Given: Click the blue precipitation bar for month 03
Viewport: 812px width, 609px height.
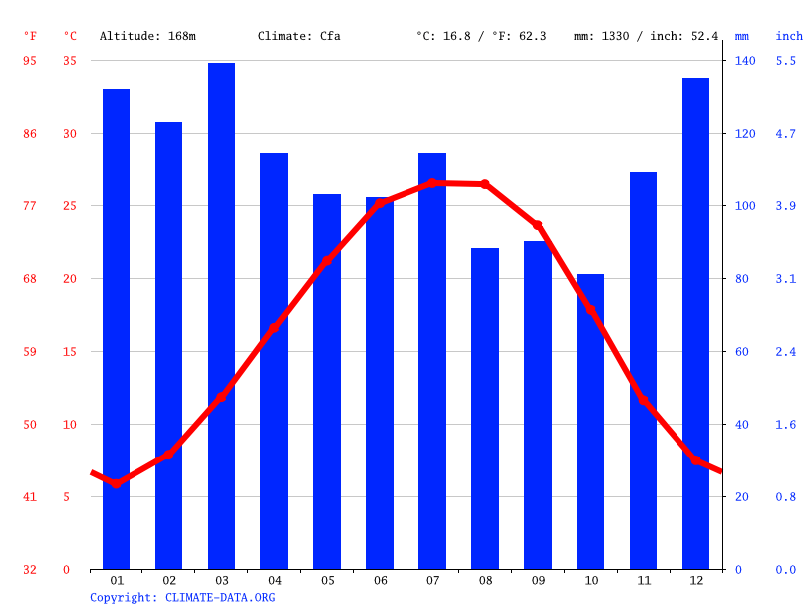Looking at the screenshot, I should [x=221, y=316].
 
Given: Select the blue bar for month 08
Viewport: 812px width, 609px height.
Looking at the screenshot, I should [x=485, y=409].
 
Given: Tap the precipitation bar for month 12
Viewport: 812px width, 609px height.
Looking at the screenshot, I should [x=695, y=323].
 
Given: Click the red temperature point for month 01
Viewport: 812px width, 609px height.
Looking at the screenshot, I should [x=117, y=484].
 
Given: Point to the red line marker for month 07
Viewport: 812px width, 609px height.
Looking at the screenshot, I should [x=432, y=183].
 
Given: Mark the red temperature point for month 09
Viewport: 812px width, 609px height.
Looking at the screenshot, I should [x=538, y=225].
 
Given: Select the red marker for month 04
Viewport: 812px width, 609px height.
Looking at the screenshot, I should [x=274, y=327].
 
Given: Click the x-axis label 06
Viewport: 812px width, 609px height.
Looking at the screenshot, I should [x=380, y=580].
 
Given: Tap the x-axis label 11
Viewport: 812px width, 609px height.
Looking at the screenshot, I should [x=643, y=580].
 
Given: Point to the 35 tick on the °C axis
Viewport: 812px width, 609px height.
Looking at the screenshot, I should [x=69, y=61].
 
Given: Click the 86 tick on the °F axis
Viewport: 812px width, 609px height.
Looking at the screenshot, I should [x=30, y=134].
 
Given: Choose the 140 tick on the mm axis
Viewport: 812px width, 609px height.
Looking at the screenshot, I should [x=745, y=61].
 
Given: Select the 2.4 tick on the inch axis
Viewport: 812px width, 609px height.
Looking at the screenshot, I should [x=786, y=352].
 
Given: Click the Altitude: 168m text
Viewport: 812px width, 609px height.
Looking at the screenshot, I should [x=147, y=36].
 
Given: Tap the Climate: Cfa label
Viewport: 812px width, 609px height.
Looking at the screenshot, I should [x=299, y=36].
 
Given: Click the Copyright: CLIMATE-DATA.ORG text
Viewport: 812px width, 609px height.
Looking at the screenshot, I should [x=182, y=598].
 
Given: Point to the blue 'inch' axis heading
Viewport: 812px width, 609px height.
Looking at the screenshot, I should [x=789, y=36].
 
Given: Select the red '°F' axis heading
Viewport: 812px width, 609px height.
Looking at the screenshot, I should [x=30, y=36].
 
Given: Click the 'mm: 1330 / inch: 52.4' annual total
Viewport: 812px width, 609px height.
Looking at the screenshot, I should [x=646, y=36].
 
